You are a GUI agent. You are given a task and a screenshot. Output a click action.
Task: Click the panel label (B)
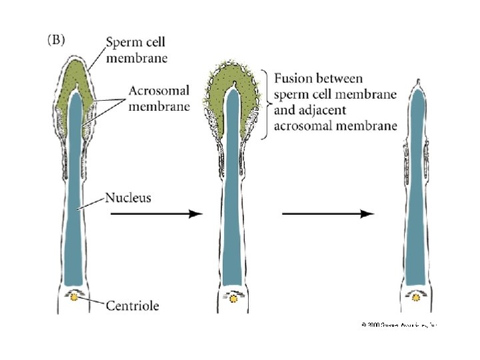[x=55, y=39]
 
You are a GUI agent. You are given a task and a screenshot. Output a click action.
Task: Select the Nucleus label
[x=128, y=197]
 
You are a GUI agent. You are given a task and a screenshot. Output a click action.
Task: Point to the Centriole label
[x=132, y=306]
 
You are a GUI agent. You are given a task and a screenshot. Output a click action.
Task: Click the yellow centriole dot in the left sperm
[x=74, y=299]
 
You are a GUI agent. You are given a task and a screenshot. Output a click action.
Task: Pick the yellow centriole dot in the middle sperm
[x=233, y=299]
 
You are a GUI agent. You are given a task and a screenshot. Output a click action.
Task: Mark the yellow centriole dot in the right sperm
[x=417, y=299]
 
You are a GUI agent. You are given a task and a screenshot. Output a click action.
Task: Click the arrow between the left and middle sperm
[x=155, y=214]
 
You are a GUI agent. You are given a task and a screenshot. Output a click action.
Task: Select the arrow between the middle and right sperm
[x=328, y=214]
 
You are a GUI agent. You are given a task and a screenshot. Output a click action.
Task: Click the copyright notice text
[x=399, y=324]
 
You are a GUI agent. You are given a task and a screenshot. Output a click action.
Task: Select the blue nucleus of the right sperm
[x=417, y=200]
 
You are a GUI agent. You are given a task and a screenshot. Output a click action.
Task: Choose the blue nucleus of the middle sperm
[x=232, y=200]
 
